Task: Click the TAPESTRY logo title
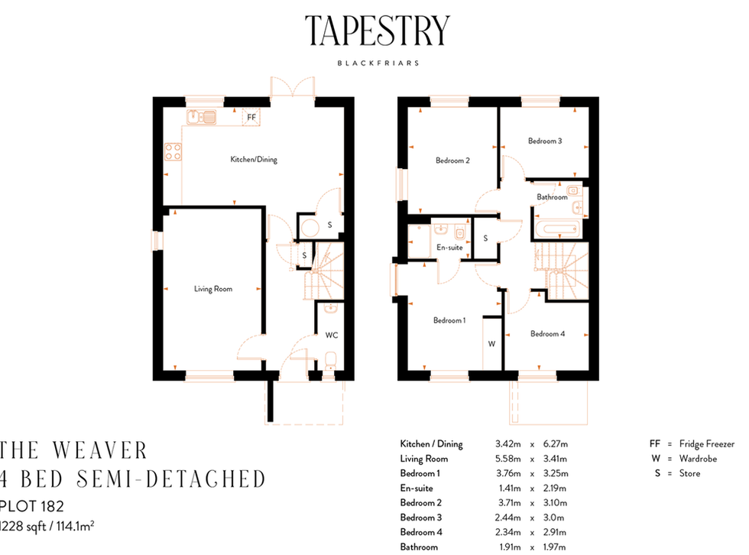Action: (378, 31)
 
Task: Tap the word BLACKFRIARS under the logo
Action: (378, 63)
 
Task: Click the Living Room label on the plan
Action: (212, 289)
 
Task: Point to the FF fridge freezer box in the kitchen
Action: (250, 118)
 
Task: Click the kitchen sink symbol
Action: (202, 117)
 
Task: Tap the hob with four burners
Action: (172, 151)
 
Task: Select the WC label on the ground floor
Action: (331, 335)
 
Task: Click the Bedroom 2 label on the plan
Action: (452, 161)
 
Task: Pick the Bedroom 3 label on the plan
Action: (545, 141)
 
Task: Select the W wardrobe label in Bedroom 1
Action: (491, 344)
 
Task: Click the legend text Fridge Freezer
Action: (707, 444)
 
